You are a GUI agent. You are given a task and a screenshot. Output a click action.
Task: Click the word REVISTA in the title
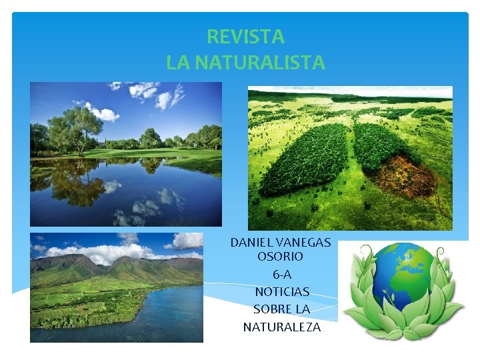click(x=245, y=36)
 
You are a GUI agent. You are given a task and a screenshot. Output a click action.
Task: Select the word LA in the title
click(x=177, y=63)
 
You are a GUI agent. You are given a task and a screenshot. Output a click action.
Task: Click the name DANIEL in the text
click(x=251, y=242)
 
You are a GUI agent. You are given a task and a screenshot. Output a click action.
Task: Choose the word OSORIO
click(x=280, y=256)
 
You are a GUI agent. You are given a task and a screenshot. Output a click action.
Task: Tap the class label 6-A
click(x=281, y=274)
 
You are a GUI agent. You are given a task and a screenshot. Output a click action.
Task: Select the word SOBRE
click(x=271, y=309)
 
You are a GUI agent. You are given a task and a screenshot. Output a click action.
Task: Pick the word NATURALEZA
click(x=281, y=327)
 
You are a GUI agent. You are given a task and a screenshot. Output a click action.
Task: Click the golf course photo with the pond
click(x=126, y=153)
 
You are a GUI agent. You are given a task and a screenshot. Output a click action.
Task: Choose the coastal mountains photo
click(x=116, y=287)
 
